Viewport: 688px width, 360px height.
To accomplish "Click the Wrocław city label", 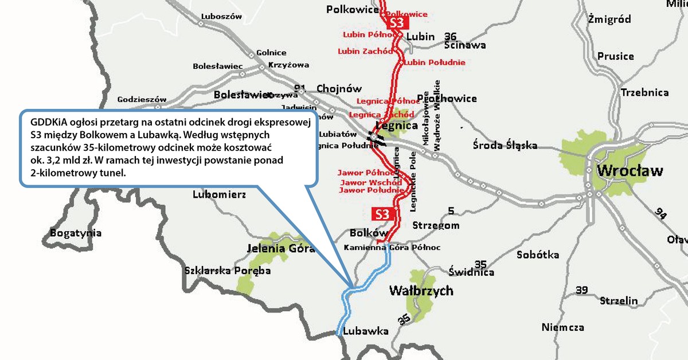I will (x=630, y=171).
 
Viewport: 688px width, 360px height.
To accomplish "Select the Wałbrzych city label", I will (x=421, y=291).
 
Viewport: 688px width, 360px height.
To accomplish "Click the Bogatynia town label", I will (x=76, y=233).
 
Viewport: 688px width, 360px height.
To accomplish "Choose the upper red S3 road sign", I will (x=397, y=24).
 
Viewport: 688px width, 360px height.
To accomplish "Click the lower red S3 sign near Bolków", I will (x=383, y=214).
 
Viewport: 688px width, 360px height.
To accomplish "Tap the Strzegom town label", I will (x=436, y=225).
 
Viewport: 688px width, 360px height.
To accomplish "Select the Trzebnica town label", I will (x=644, y=92).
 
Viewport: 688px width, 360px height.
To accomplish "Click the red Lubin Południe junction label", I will (x=435, y=62).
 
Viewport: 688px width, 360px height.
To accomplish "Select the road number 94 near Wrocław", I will (x=662, y=213).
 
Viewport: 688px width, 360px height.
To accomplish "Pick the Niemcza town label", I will (x=562, y=327).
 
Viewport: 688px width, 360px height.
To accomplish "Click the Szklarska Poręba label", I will (x=227, y=271).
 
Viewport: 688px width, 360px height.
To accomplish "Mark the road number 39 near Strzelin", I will (x=581, y=291).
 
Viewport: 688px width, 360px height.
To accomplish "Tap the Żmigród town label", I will (x=609, y=19).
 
